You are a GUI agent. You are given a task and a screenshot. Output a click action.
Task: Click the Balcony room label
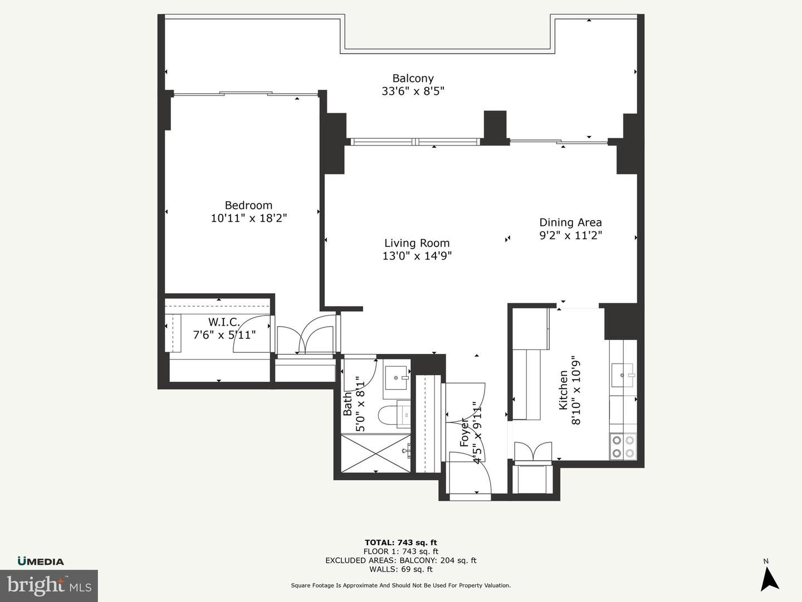coord(413,79)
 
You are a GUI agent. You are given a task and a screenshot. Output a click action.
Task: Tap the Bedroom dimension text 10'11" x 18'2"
coord(249,218)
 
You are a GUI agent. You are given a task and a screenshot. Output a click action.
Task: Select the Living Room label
coord(417,243)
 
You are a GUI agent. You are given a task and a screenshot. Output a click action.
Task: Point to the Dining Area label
coord(570,222)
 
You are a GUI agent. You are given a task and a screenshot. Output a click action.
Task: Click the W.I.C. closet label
coord(224,322)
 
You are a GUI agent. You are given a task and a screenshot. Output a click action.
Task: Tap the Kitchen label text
coord(563,390)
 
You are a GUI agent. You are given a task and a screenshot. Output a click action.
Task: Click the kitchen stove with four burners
coord(623,446)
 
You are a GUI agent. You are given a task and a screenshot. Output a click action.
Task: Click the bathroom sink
coord(396,378)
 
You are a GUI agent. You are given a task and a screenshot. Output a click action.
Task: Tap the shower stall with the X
coord(375,453)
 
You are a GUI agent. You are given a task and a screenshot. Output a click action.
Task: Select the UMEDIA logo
coord(41,561)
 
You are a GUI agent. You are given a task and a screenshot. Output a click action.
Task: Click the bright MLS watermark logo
coord(49,585)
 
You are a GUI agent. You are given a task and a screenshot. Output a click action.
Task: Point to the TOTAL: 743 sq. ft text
coord(401,542)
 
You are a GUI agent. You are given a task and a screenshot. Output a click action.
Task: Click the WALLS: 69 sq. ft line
coord(401,569)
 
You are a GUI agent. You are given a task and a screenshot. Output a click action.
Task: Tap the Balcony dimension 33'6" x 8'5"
coord(413,91)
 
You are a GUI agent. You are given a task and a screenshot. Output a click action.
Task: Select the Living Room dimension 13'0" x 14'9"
coord(417,256)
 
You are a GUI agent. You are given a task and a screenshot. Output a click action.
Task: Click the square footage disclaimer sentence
coord(401,585)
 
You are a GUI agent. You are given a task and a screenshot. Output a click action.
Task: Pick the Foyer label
coord(464,433)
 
